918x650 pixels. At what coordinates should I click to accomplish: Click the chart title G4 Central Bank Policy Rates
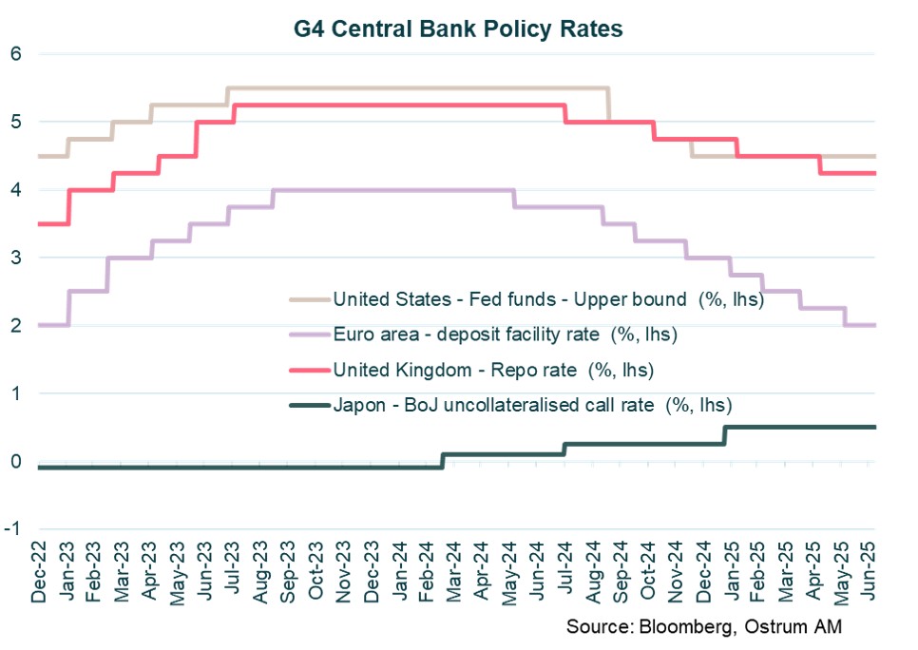459,29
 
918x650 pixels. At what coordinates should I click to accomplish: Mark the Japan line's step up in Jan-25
725,435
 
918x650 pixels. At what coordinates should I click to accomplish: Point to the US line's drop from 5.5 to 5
609,105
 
